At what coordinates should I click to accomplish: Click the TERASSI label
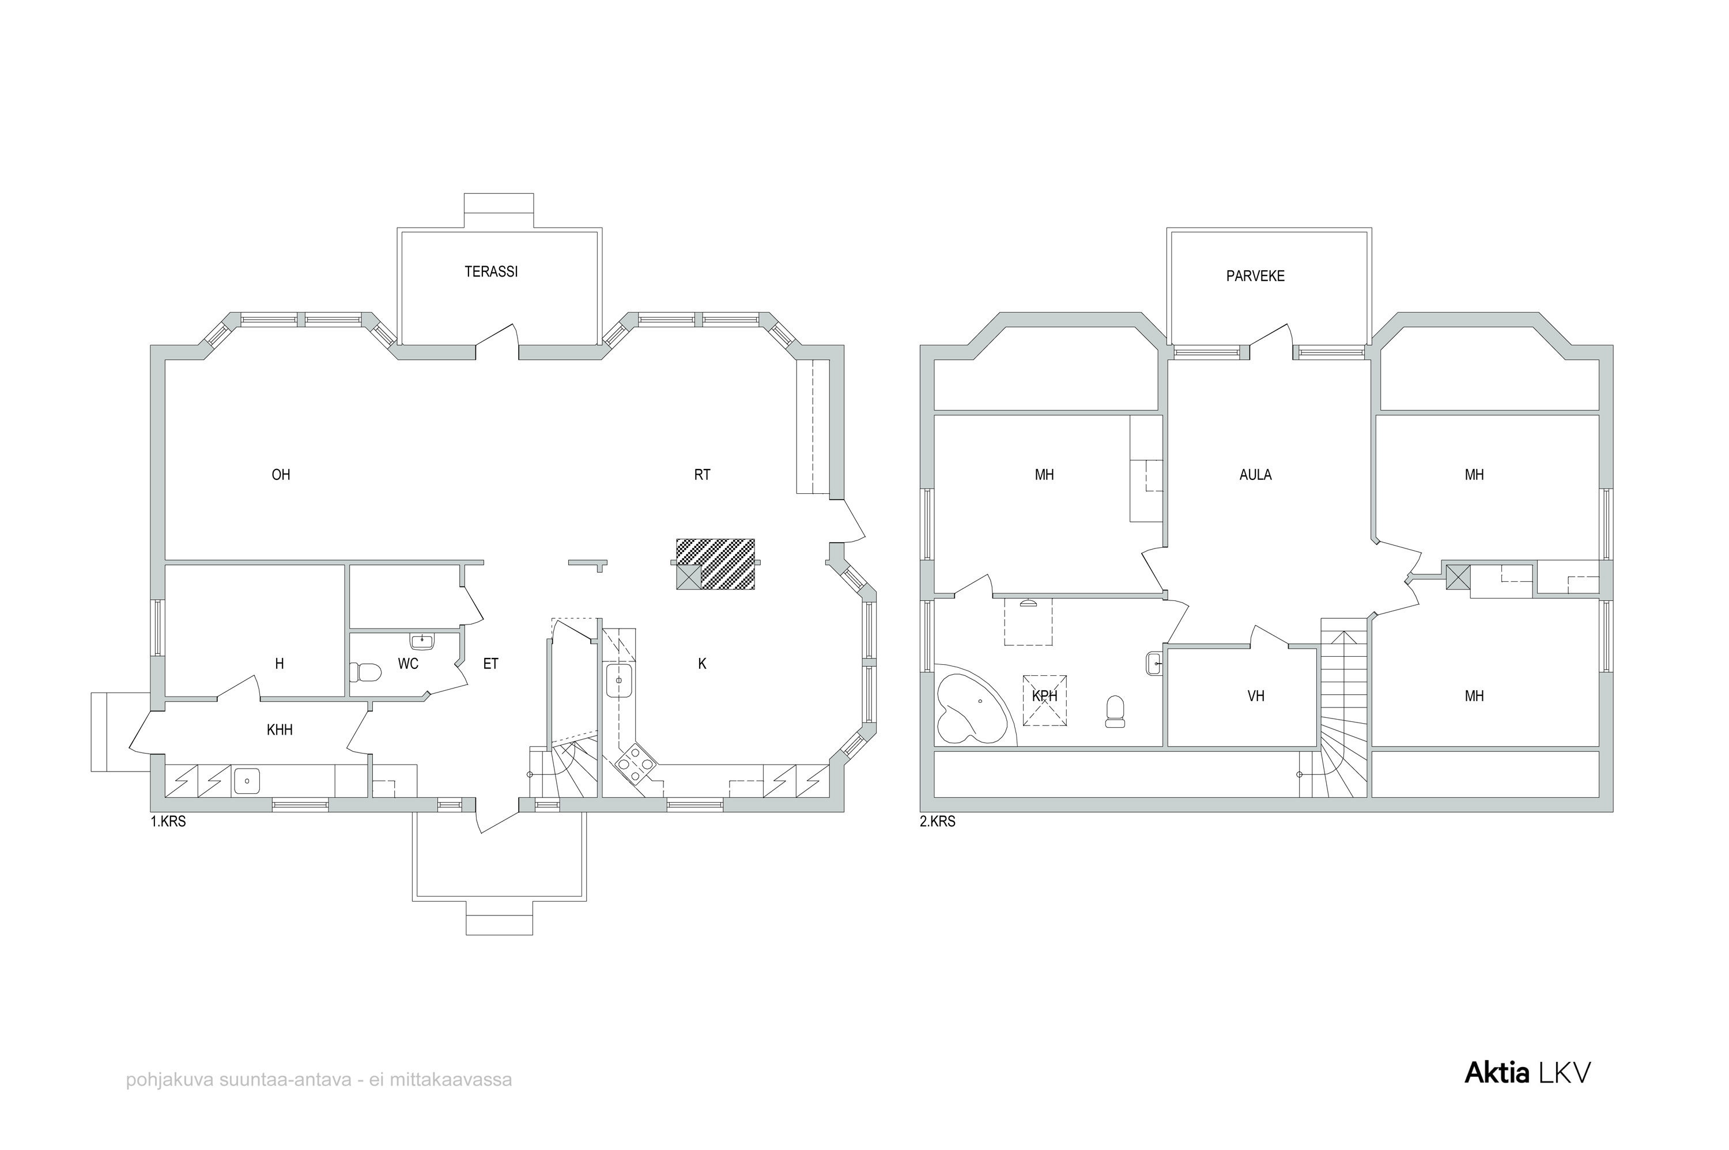tap(491, 271)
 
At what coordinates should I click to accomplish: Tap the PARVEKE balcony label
tap(1255, 277)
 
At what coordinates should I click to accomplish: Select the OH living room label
tap(281, 475)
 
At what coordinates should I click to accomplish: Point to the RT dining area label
tap(702, 475)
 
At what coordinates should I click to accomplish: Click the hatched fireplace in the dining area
tap(715, 564)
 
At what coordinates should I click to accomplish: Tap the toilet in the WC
tap(365, 672)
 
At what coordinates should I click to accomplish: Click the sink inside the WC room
tap(422, 642)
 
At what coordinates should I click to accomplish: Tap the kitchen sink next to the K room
tap(619, 680)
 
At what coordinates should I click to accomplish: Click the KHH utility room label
tap(280, 730)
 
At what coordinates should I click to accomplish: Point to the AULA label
tap(1255, 475)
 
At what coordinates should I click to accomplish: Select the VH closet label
tap(1256, 696)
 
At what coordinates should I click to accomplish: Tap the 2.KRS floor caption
tap(938, 822)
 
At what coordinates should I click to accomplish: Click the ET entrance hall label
tap(491, 664)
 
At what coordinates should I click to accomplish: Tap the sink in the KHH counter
tap(247, 781)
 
